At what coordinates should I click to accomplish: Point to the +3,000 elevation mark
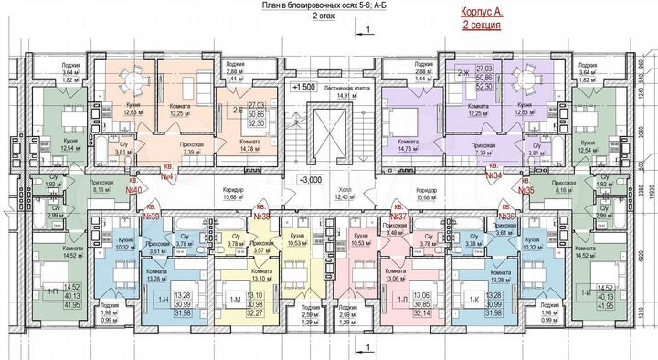(x=312, y=181)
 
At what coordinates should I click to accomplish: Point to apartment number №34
(x=495, y=174)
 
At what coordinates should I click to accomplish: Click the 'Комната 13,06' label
(x=396, y=276)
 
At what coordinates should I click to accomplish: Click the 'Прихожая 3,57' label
(x=262, y=248)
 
